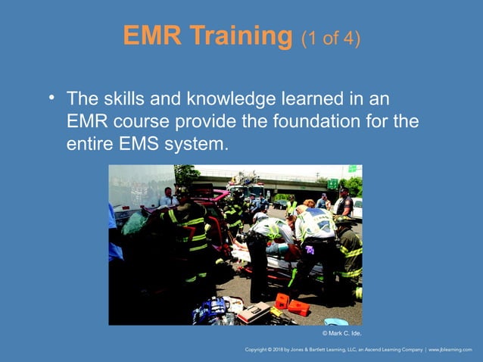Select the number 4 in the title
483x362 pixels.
click(x=346, y=38)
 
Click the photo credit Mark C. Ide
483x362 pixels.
click(x=342, y=332)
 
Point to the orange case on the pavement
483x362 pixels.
click(x=298, y=307)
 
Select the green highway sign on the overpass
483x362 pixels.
click(x=332, y=184)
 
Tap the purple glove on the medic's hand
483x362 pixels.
click(x=309, y=249)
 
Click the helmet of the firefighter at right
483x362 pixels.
click(x=342, y=220)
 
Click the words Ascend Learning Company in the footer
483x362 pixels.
click(x=391, y=350)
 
